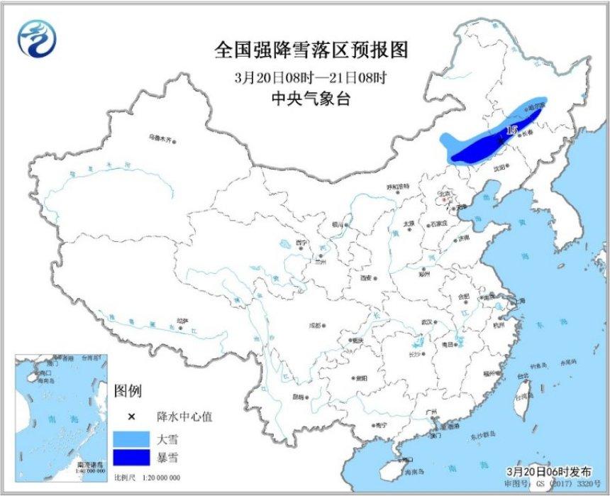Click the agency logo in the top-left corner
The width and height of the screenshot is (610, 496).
click(34, 39)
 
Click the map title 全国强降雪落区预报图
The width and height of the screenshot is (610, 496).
click(312, 50)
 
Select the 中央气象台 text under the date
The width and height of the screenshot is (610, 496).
click(312, 99)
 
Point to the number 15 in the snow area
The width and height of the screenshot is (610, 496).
click(512, 130)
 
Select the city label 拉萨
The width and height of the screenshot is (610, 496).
click(183, 321)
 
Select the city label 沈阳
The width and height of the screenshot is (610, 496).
click(501, 167)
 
